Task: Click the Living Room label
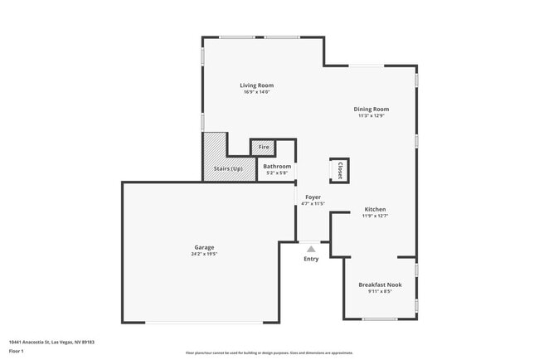(x=256, y=85)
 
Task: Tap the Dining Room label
(x=371, y=109)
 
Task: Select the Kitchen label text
(x=375, y=209)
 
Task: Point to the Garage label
(x=205, y=247)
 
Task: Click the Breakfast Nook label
(x=380, y=285)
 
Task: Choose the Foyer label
(x=312, y=197)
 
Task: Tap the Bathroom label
(x=277, y=167)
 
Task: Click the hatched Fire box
(x=264, y=147)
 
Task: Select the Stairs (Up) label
(x=228, y=169)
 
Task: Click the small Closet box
(x=339, y=170)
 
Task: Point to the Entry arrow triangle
(x=311, y=248)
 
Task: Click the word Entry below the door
(x=311, y=259)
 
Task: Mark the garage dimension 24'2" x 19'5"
(x=205, y=254)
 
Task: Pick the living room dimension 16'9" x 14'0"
(x=256, y=92)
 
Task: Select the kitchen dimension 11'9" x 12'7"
(x=375, y=216)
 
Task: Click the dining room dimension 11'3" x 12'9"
(x=371, y=116)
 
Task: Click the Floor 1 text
(x=17, y=352)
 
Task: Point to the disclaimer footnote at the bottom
(x=269, y=353)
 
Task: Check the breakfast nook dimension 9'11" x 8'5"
(x=380, y=291)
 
